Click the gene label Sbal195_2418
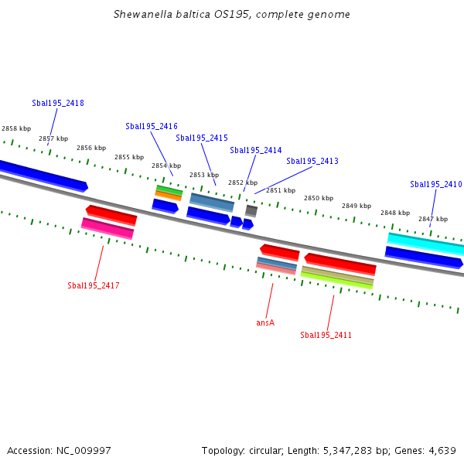click(x=58, y=103)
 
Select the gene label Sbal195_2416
click(x=152, y=126)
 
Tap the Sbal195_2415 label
click(x=202, y=138)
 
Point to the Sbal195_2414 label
click(x=256, y=150)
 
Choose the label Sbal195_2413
click(x=312, y=161)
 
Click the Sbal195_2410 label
click(x=436, y=184)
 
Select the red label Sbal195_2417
click(x=94, y=285)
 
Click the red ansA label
click(x=265, y=322)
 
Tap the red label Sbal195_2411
click(x=326, y=335)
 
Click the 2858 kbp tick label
click(x=16, y=128)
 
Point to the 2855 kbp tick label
click(x=129, y=157)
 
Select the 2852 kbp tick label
click(x=243, y=183)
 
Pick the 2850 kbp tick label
click(x=319, y=198)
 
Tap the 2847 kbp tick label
click(x=433, y=219)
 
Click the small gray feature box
click(x=251, y=210)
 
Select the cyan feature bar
click(x=425, y=244)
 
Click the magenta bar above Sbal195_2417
click(x=107, y=228)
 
